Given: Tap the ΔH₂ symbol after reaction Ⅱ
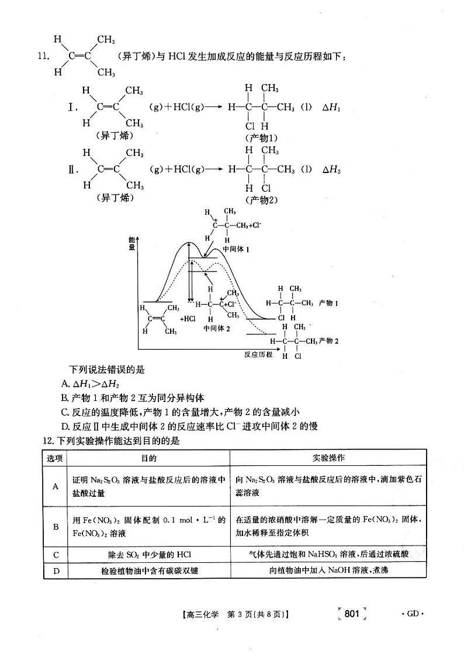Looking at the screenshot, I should [331, 170].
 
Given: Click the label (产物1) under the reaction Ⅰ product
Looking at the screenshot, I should [261, 138].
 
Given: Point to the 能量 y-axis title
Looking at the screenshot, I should [131, 244].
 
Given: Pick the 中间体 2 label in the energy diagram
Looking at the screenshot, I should [217, 328].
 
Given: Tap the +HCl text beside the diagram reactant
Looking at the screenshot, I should [188, 319].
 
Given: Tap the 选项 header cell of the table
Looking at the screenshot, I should [56, 458].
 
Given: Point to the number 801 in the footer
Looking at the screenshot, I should [351, 613].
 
